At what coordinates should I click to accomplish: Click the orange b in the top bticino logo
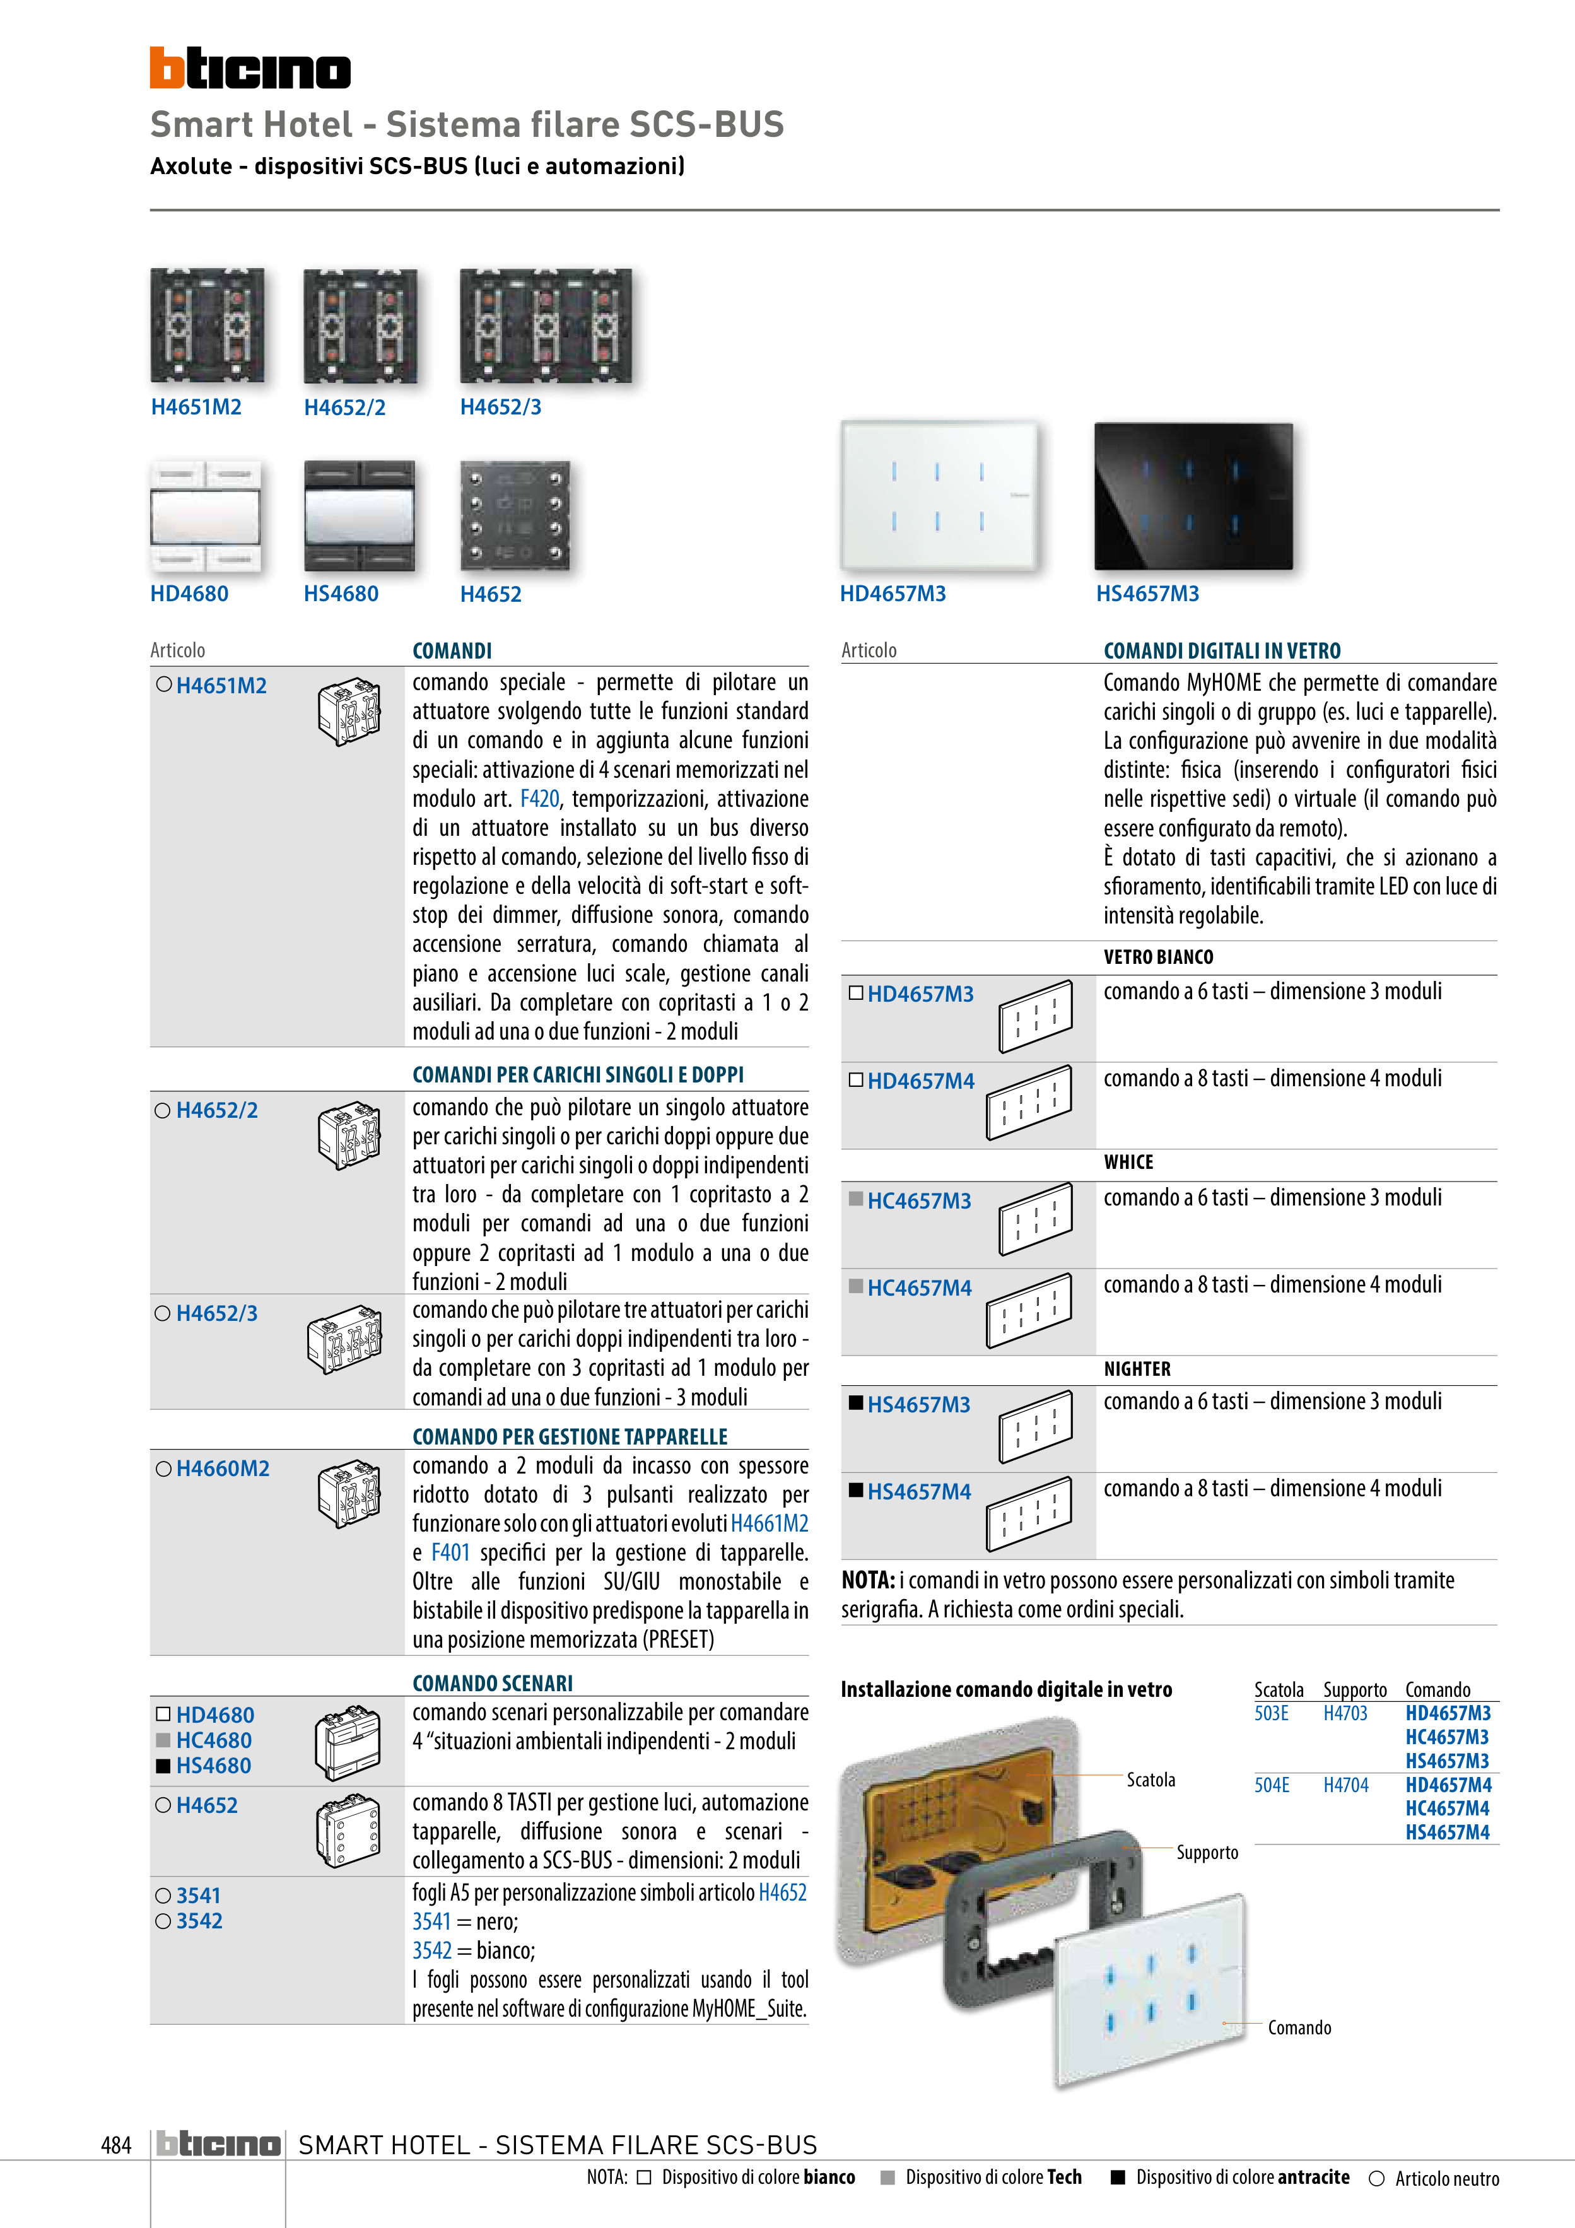pos(166,68)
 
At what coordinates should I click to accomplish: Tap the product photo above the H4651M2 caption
pos(207,325)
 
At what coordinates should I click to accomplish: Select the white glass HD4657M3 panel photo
pos(939,495)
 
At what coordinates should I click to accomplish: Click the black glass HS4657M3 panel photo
pos(1193,496)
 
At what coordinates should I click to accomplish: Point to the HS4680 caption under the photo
pos(341,594)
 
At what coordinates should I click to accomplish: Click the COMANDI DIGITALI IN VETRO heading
pos(1222,651)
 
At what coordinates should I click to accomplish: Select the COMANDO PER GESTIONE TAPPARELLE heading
pos(570,1436)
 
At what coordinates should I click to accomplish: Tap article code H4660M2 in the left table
pos(222,1468)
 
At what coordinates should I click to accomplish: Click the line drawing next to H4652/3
pos(344,1339)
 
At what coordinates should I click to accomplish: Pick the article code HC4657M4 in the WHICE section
pos(919,1287)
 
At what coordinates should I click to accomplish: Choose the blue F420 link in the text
pos(539,799)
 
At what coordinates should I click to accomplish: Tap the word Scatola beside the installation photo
pos(1151,1779)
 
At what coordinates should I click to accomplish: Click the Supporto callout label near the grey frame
pos(1207,1853)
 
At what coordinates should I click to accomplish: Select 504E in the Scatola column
pos(1271,1785)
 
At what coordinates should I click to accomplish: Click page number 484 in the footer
pos(115,2145)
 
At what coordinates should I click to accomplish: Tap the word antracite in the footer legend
pos(1313,2176)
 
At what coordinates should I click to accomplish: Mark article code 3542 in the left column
pos(199,1920)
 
